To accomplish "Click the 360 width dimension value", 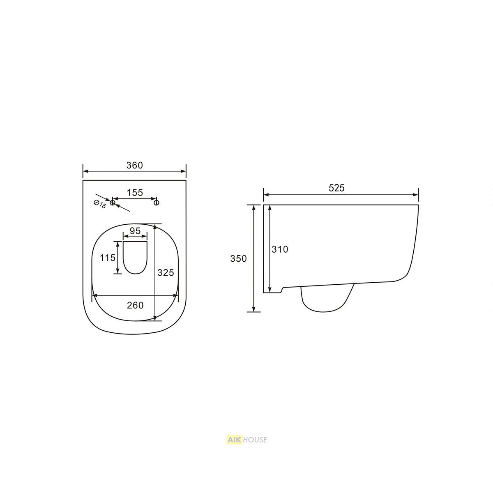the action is pyautogui.click(x=135, y=166).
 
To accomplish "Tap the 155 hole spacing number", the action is pyautogui.click(x=135, y=193).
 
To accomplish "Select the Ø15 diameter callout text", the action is pyautogui.click(x=100, y=204).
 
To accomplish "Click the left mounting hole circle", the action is pyautogui.click(x=113, y=203).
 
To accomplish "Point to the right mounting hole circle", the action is pyautogui.click(x=157, y=203).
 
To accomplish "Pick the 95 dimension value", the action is pyautogui.click(x=135, y=231).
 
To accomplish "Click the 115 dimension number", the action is pyautogui.click(x=108, y=258).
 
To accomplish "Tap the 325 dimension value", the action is pyautogui.click(x=166, y=273).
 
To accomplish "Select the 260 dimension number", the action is pyautogui.click(x=135, y=305).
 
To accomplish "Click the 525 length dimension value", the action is pyautogui.click(x=336, y=188).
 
